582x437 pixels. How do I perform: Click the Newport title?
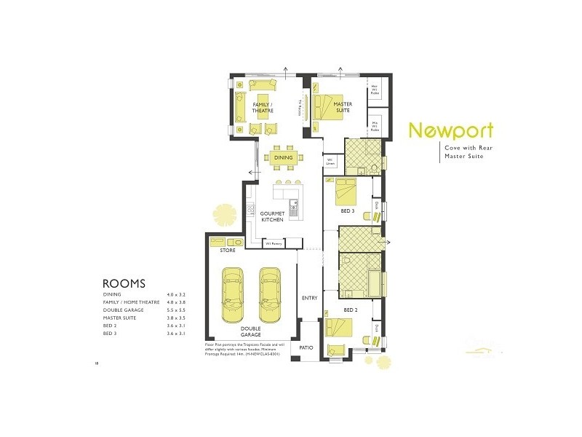450,130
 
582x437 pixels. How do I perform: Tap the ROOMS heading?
124,283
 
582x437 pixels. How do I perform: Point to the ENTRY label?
309,298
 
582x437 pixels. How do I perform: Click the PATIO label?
306,347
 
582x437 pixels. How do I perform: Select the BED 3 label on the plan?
348,211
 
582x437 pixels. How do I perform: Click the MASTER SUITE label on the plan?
343,108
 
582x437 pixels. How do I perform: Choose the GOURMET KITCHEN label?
271,216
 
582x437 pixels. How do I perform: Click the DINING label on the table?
283,157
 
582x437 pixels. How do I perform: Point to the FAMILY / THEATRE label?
263,108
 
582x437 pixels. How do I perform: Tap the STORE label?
228,250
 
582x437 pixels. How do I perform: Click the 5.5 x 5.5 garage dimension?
175,310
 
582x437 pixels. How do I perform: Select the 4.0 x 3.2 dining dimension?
175,294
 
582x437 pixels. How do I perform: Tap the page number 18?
96,362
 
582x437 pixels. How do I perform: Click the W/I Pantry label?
274,243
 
